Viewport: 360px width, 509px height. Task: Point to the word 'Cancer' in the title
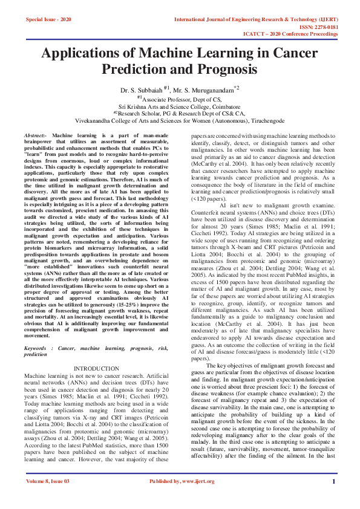pyautogui.click(x=295, y=53)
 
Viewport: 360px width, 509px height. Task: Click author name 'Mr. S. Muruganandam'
pyautogui.click(x=209, y=89)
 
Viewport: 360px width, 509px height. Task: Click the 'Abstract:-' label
pyautogui.click(x=35, y=135)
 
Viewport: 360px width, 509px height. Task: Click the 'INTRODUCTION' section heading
pyautogui.click(x=96, y=368)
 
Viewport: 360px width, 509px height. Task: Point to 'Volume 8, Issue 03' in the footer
pyautogui.click(x=48, y=481)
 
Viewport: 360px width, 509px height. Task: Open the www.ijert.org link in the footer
pyautogui.click(x=197, y=481)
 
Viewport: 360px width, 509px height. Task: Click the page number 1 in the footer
pyautogui.click(x=333, y=481)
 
